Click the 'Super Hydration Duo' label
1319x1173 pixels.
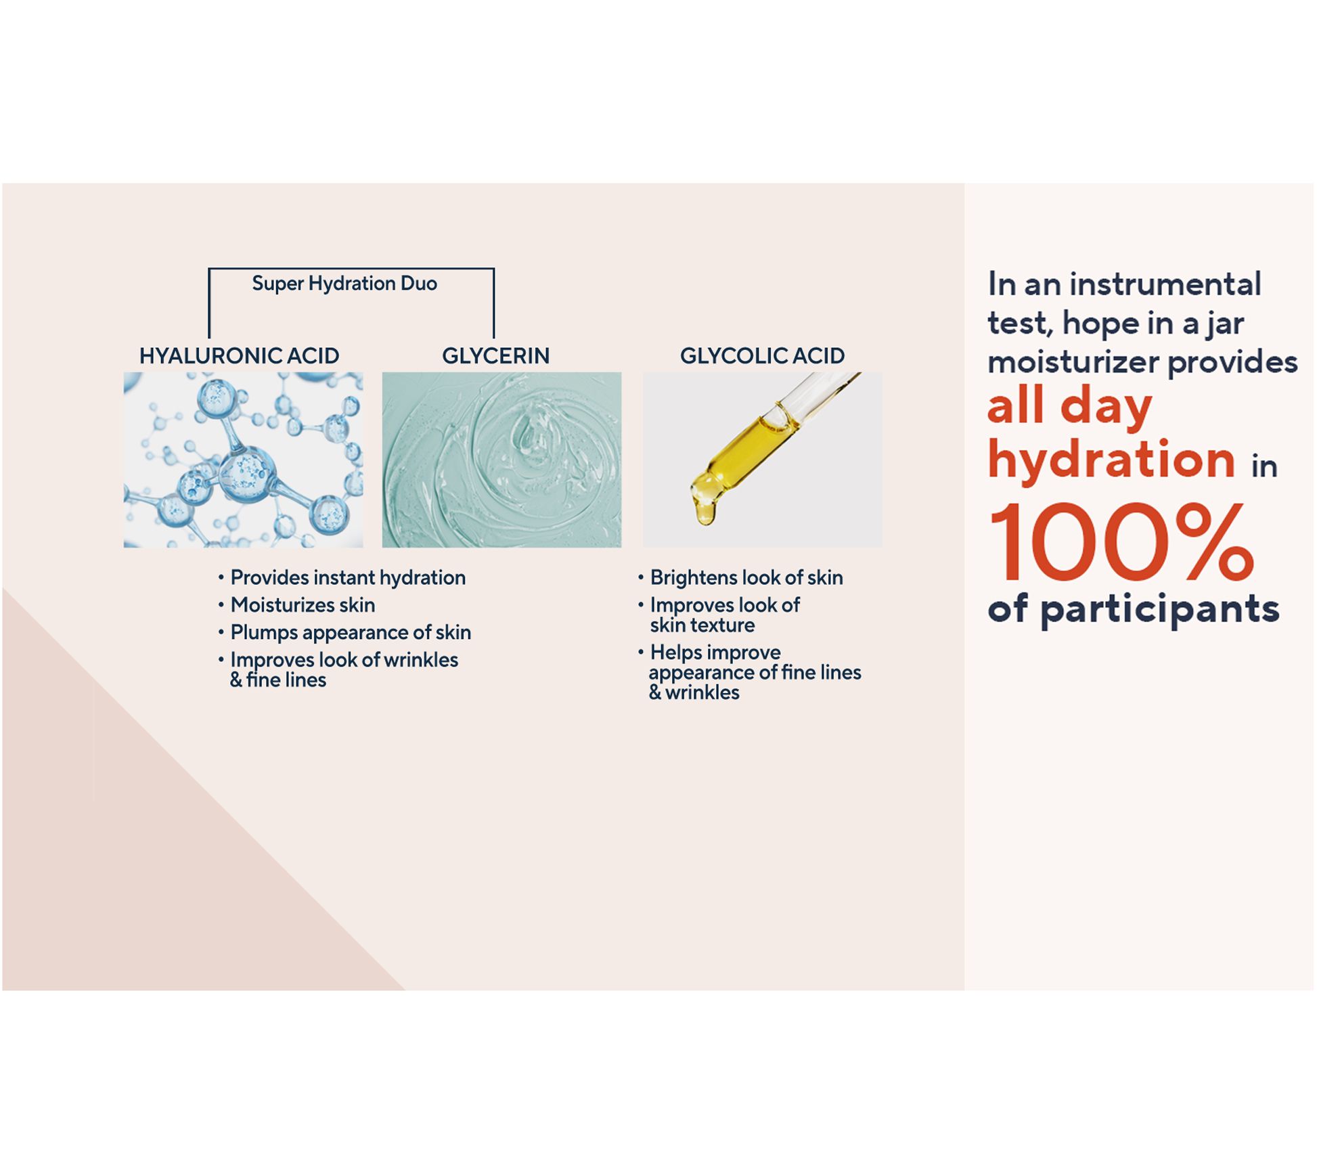(x=344, y=284)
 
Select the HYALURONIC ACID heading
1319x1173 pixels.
(x=239, y=356)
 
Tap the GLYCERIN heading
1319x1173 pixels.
(x=495, y=356)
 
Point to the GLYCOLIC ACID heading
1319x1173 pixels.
(x=762, y=356)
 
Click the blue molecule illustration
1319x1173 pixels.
(x=243, y=460)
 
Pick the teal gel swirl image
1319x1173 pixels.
(x=501, y=460)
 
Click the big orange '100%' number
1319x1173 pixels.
(x=1121, y=542)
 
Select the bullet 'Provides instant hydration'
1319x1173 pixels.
(x=348, y=577)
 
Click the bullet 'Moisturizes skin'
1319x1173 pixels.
(x=303, y=605)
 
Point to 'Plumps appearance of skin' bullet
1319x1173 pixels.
(x=351, y=632)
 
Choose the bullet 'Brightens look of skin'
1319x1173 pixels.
(x=746, y=577)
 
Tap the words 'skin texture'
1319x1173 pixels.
(x=702, y=625)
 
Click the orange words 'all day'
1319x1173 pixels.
(x=1069, y=407)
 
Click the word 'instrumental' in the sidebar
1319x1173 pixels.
(x=1165, y=284)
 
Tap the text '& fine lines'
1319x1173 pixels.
(x=278, y=680)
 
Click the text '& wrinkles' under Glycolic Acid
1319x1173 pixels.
(x=694, y=692)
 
